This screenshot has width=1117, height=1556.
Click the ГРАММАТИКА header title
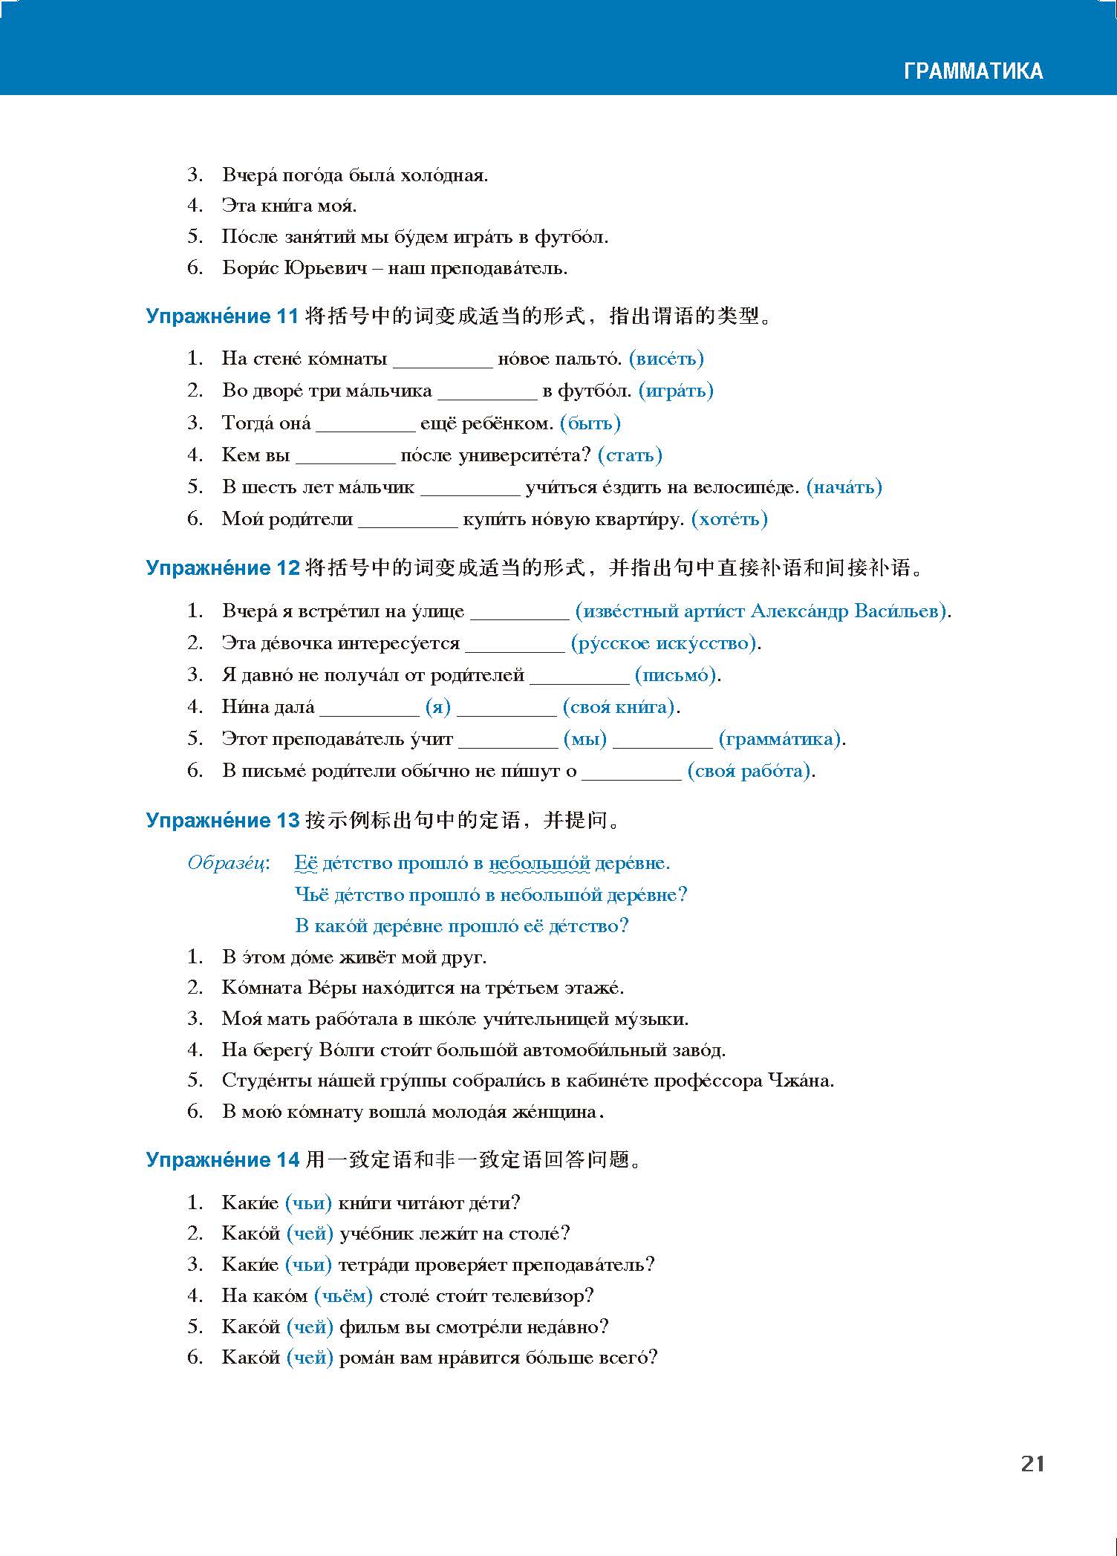(x=973, y=71)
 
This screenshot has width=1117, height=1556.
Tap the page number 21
(x=1033, y=1463)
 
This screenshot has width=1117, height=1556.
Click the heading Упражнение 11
(x=222, y=316)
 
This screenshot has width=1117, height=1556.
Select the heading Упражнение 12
(x=222, y=568)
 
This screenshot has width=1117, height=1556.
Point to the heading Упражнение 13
(x=222, y=820)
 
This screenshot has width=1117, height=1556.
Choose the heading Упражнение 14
(x=222, y=1159)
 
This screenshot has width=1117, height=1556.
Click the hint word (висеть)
(x=666, y=359)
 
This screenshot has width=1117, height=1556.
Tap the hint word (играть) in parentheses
(x=676, y=391)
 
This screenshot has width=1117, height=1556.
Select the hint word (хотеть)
(x=729, y=519)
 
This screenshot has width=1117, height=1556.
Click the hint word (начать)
(x=844, y=487)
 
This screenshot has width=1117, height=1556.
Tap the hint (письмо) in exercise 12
(x=676, y=675)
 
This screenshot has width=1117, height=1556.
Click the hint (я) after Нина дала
(x=438, y=707)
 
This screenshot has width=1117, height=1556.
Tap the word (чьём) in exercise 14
(x=343, y=1296)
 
